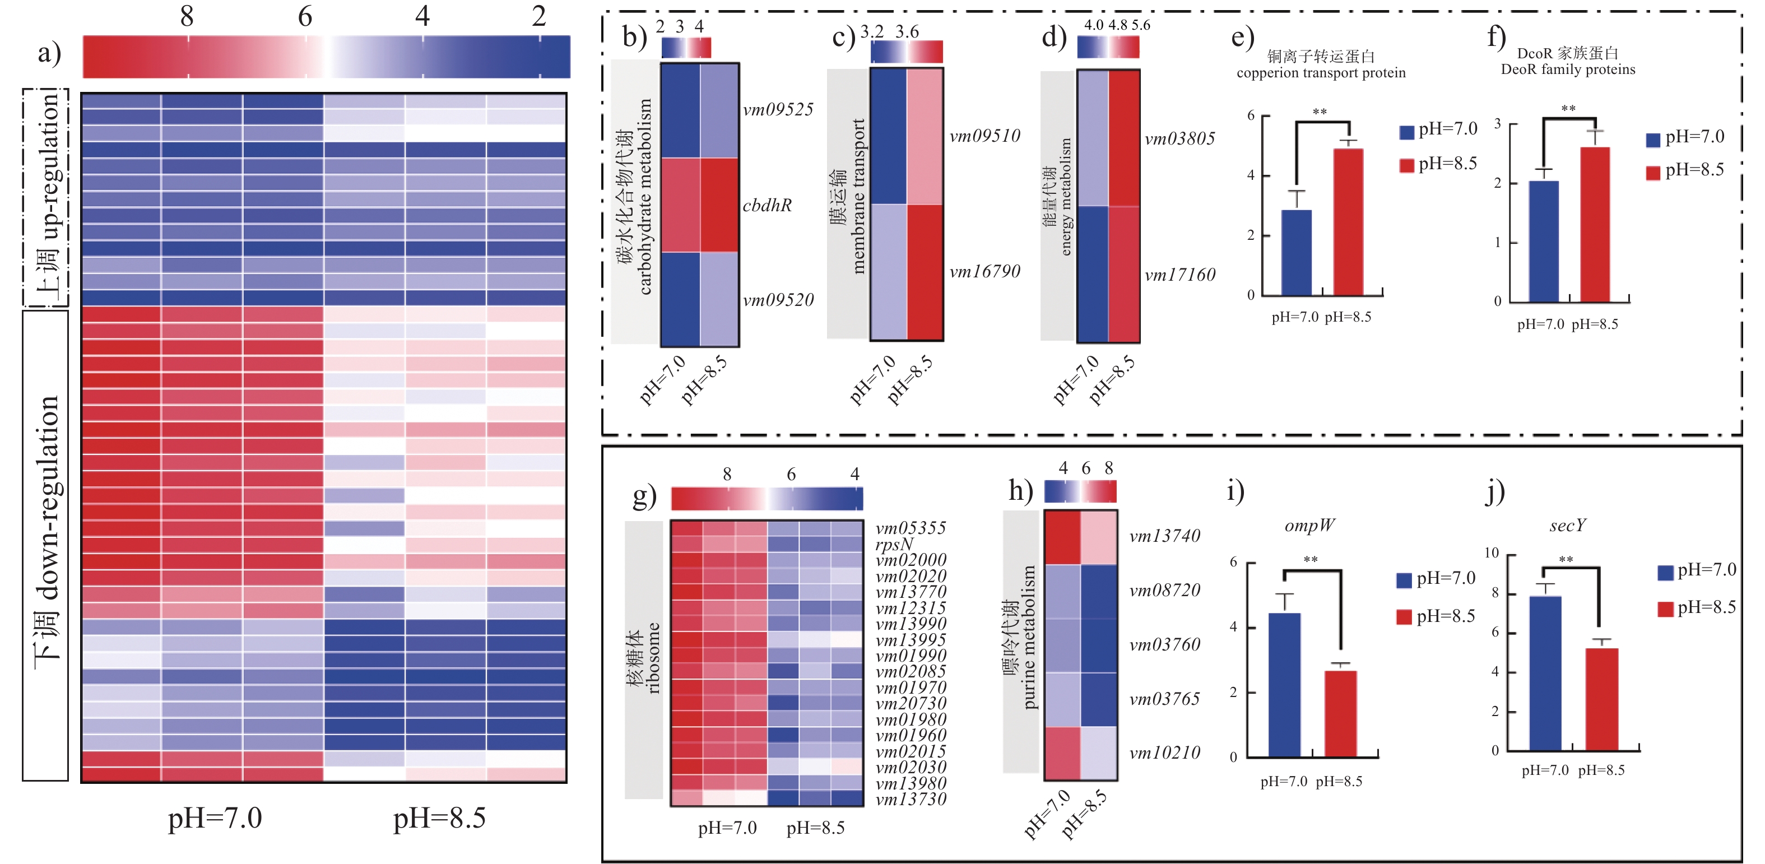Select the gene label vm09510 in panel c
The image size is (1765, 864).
point(984,136)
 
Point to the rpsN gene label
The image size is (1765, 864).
point(895,544)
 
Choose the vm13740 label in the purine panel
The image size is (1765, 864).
point(1165,536)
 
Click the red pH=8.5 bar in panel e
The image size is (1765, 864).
point(1348,221)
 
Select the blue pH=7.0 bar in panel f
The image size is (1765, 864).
point(1544,240)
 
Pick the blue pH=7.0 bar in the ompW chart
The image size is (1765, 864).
point(1284,684)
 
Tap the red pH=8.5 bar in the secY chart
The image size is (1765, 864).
point(1602,698)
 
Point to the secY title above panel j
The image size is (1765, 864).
point(1568,525)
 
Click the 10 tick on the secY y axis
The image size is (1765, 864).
point(1492,553)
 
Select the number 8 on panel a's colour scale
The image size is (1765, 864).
point(187,16)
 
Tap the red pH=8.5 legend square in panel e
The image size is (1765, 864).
point(1406,165)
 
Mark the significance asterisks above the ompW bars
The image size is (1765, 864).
point(1311,560)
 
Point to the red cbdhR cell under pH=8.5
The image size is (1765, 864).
point(719,205)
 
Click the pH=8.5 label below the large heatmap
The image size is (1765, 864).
point(439,818)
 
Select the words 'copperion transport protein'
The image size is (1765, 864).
point(1321,73)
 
